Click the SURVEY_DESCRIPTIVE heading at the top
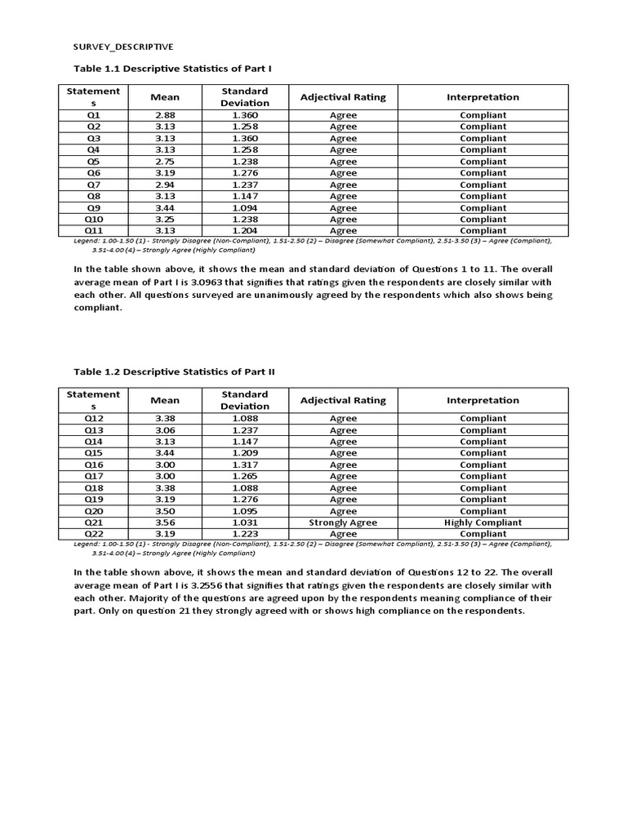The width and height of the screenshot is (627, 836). click(122, 47)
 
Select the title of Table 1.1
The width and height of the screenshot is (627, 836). click(174, 68)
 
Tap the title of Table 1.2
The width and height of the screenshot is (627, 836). click(175, 371)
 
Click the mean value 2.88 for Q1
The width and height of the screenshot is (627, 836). click(165, 115)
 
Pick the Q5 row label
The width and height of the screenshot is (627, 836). click(94, 162)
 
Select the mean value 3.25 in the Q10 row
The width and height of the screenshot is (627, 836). click(165, 220)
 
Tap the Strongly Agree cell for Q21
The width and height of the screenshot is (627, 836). click(343, 522)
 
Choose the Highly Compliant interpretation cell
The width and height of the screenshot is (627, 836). click(482, 522)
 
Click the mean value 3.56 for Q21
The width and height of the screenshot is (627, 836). click(165, 522)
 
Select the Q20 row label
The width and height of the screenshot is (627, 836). click(94, 511)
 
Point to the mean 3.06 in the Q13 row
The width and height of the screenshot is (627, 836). click(165, 430)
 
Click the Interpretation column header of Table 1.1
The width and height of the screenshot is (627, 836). click(482, 97)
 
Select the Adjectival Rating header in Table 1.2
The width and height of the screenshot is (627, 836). click(343, 400)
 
